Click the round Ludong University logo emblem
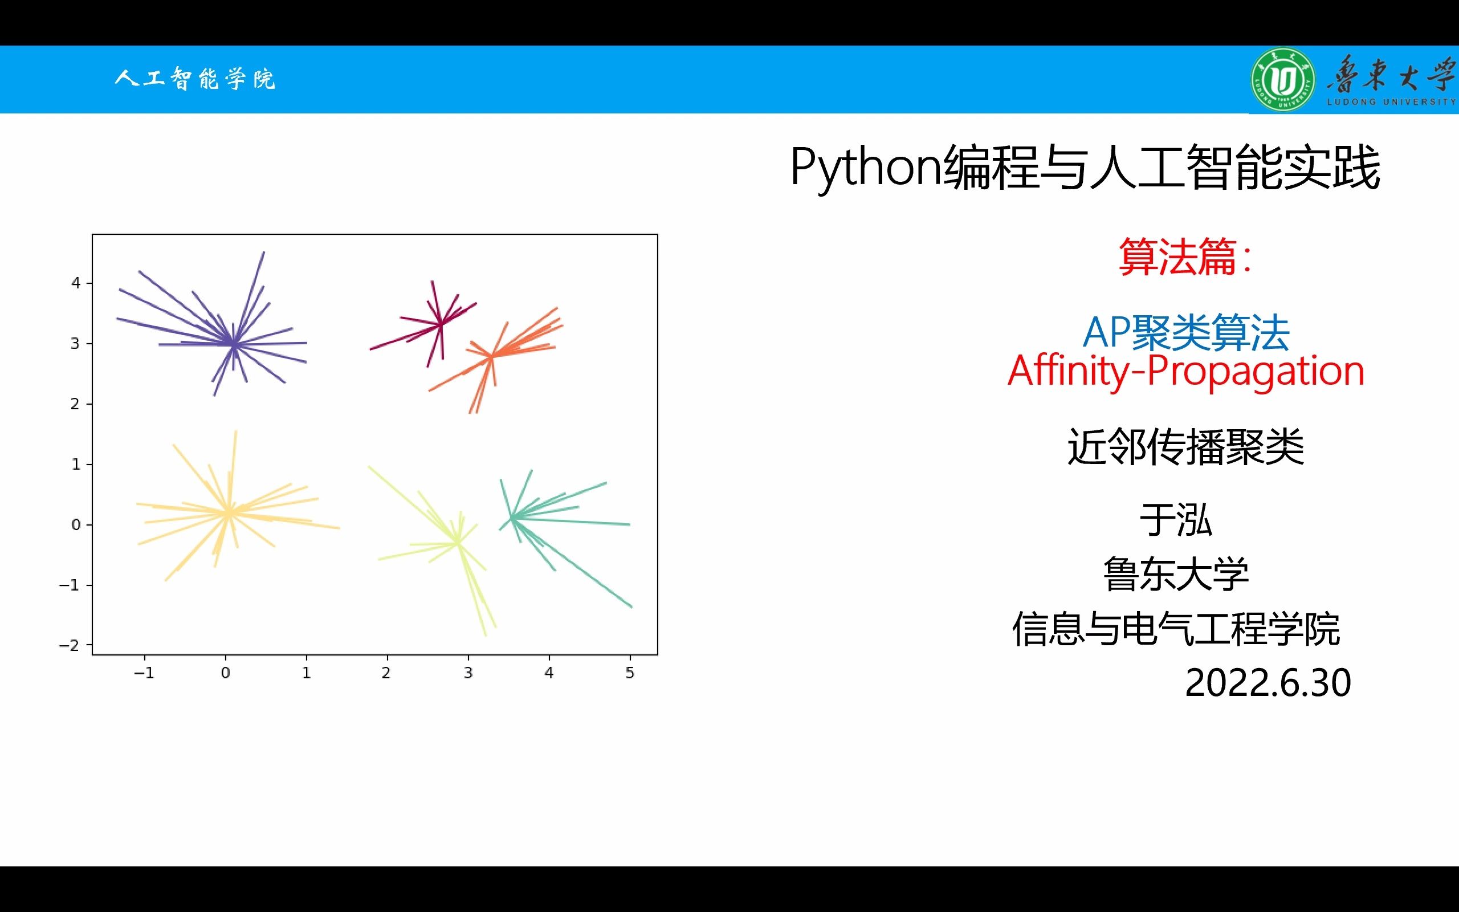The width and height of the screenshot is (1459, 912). [x=1283, y=80]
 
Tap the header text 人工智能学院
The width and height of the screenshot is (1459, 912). [x=195, y=79]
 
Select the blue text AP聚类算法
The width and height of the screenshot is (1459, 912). [x=1186, y=332]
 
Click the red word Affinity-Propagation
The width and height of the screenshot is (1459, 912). [x=1186, y=371]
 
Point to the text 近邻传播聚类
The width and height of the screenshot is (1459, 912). [x=1186, y=447]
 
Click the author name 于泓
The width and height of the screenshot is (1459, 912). [x=1176, y=520]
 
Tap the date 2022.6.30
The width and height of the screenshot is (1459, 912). [x=1268, y=683]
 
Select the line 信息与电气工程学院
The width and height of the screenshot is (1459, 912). [x=1176, y=629]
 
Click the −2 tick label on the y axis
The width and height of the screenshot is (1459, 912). [x=69, y=645]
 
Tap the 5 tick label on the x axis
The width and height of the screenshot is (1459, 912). [x=630, y=673]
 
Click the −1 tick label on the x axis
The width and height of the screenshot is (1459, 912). [x=144, y=673]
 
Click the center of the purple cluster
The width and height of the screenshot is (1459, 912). [x=233, y=344]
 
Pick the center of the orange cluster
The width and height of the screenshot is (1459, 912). [x=491, y=356]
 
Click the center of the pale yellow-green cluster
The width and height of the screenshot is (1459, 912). [x=458, y=542]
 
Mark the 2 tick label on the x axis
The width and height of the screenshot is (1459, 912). [x=386, y=673]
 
